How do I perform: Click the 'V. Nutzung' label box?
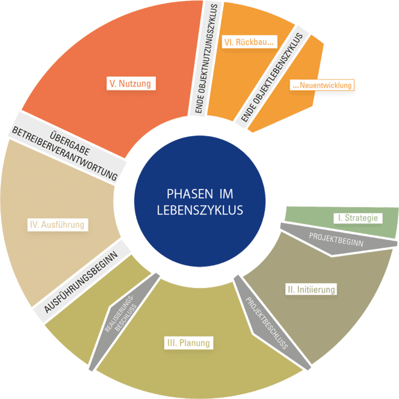coord(131,83)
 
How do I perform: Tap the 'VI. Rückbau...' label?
coord(249,42)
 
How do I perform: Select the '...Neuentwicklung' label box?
coord(322,85)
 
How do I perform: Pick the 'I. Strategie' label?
coord(358,218)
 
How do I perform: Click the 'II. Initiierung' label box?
coord(311,289)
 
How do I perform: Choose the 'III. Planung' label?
coord(189,342)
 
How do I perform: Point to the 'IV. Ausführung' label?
coord(57,225)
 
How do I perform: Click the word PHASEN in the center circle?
coord(189,194)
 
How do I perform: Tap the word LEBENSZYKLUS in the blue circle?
coord(200,210)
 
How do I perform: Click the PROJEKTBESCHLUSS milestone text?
coord(267,323)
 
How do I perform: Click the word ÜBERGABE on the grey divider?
coord(70,143)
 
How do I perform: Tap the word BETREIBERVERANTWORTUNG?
coord(65,154)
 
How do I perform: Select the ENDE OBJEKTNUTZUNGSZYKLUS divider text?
coord(206,58)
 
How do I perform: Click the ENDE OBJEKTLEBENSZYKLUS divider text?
coord(272,77)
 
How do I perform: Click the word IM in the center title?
coord(226,194)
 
